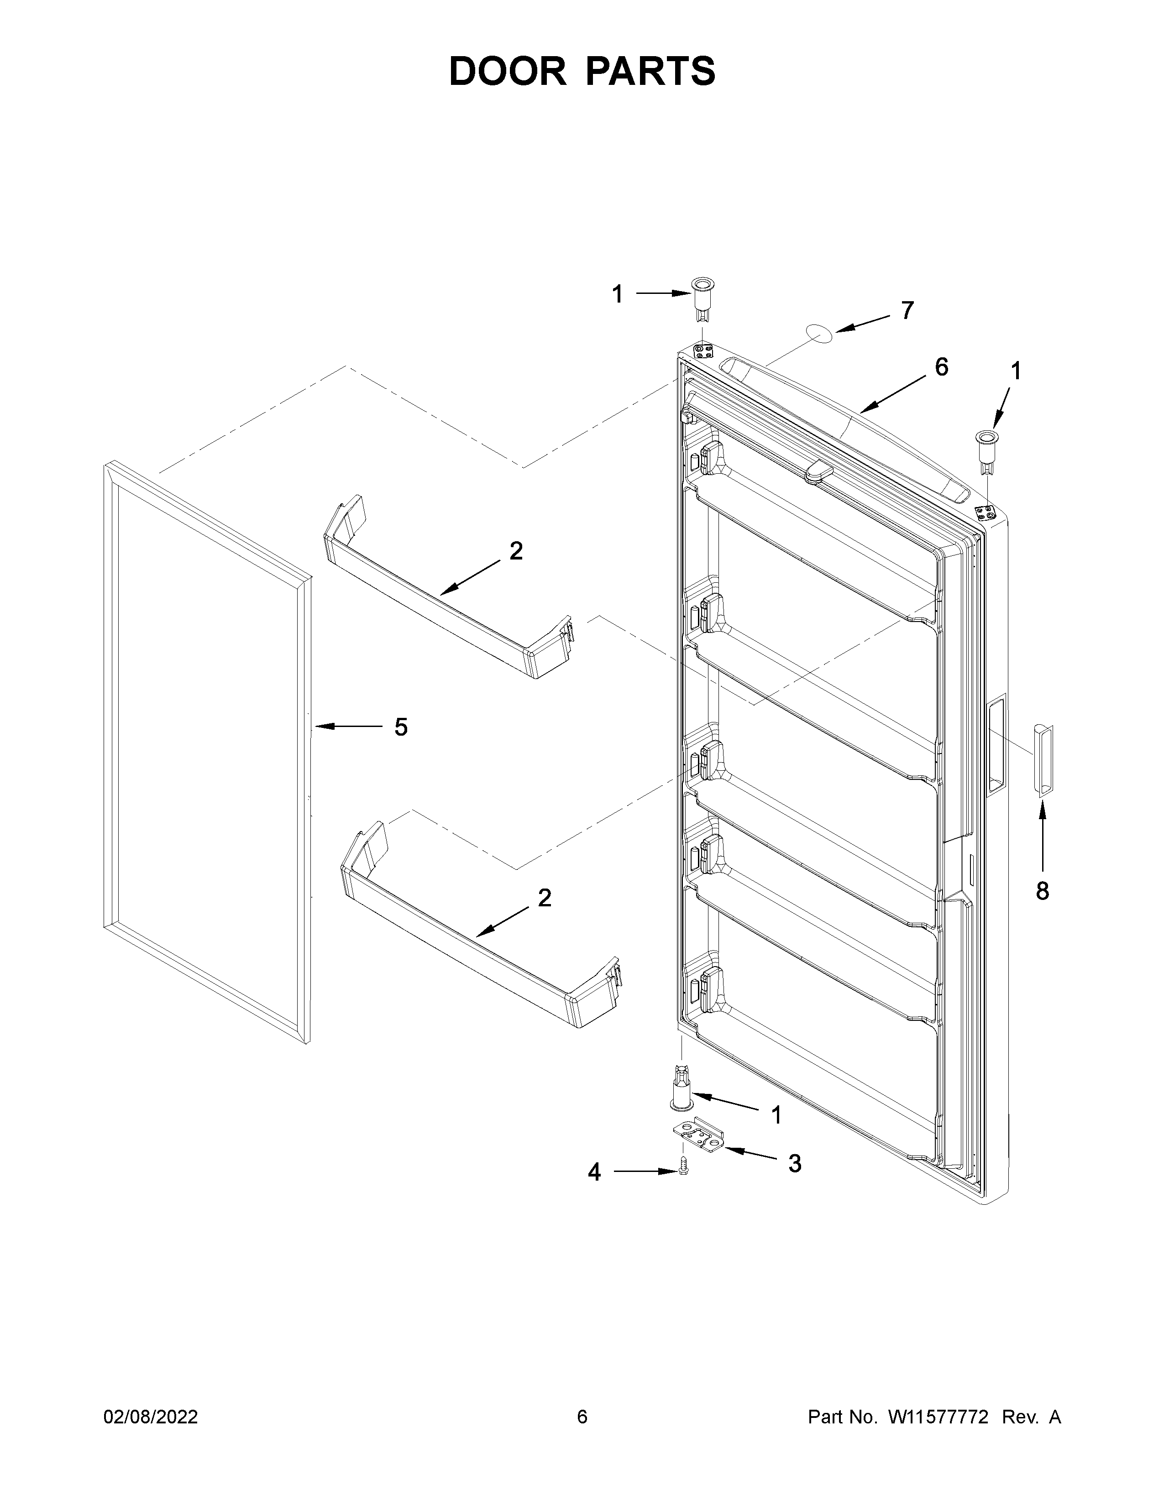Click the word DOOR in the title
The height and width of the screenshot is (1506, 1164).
pyautogui.click(x=507, y=71)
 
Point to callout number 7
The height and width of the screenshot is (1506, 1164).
pyautogui.click(x=907, y=310)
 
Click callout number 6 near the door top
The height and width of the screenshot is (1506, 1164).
pyautogui.click(x=941, y=367)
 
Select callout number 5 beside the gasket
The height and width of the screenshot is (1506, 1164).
pyautogui.click(x=401, y=727)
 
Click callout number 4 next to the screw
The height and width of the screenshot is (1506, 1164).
pyautogui.click(x=594, y=1172)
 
